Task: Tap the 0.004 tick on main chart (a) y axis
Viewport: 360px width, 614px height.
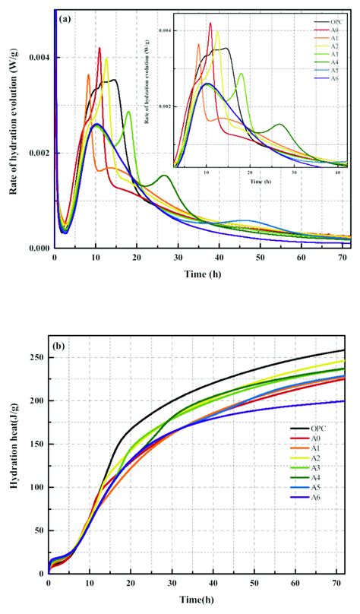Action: click(37, 58)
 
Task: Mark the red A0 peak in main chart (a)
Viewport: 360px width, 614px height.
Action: click(99, 49)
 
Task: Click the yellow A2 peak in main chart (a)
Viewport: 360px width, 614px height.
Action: click(107, 59)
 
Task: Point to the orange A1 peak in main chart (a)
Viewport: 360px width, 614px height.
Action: click(88, 74)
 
